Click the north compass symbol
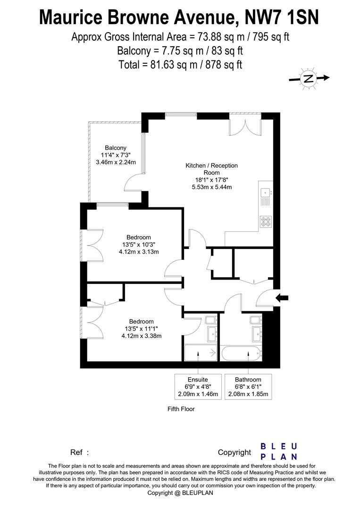click(x=309, y=79)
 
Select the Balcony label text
click(x=116, y=148)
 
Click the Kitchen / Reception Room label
click(x=211, y=169)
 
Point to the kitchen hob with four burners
click(x=266, y=221)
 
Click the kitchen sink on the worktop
click(x=266, y=192)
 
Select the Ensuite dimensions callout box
click(x=198, y=387)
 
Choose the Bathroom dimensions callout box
click(x=248, y=387)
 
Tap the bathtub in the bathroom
click(x=241, y=352)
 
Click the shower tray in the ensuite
click(x=200, y=352)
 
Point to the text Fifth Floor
click(x=181, y=409)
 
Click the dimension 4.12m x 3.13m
click(x=139, y=252)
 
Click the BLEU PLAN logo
click(x=279, y=451)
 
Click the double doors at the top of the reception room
click(x=245, y=125)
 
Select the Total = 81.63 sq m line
click(x=180, y=65)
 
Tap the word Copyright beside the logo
click(x=234, y=452)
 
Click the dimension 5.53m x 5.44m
click(x=211, y=187)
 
